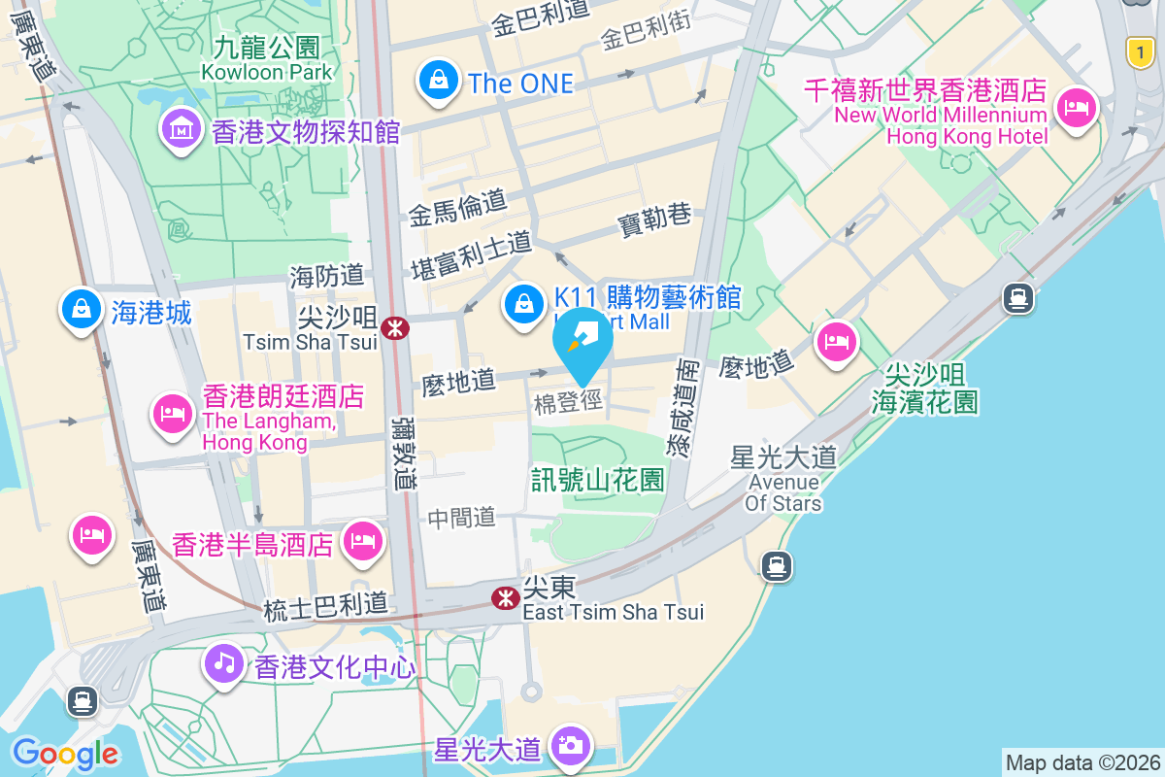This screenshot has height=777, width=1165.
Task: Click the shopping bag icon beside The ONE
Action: (x=439, y=81)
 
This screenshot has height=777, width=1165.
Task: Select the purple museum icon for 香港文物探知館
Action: (x=181, y=128)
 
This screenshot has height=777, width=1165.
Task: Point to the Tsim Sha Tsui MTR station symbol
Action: (x=395, y=328)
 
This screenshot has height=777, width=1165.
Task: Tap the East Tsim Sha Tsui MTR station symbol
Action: (x=505, y=598)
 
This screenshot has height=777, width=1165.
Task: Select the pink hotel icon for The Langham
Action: (x=172, y=413)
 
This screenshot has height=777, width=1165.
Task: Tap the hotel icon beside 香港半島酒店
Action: (x=363, y=540)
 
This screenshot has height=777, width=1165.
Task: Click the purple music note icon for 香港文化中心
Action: (x=225, y=663)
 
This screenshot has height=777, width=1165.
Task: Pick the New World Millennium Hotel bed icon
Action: (x=1076, y=106)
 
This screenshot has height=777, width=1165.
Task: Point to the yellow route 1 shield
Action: (x=1141, y=52)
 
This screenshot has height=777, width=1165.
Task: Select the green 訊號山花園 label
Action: (x=597, y=479)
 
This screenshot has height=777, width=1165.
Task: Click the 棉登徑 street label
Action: (x=568, y=403)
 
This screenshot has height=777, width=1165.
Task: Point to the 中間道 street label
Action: (x=462, y=518)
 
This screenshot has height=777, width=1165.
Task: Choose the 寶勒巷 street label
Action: (x=654, y=221)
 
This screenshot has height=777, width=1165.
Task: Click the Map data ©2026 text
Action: (x=1083, y=763)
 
